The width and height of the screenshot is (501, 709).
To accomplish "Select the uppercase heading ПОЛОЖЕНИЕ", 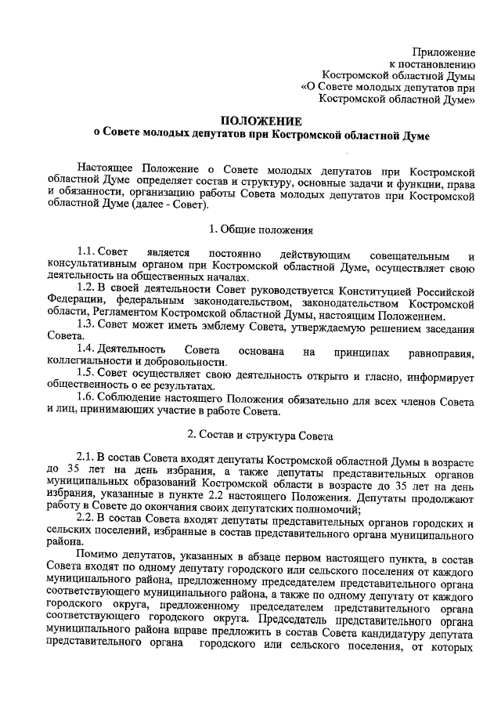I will click(261, 121).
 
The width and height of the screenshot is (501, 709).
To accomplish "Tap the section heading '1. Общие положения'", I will click(261, 230).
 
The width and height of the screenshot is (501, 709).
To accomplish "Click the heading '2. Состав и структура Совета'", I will click(261, 434).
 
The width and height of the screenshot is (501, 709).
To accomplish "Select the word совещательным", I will click(414, 255).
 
